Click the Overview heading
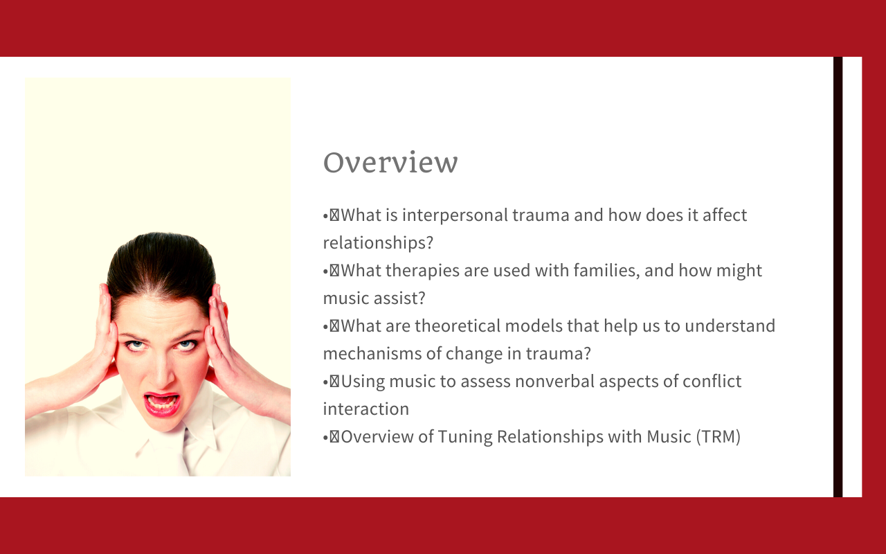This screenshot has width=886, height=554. [x=390, y=162]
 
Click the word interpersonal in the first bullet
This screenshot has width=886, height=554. [x=455, y=215]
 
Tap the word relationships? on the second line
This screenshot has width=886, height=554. [x=378, y=242]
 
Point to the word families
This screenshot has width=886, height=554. [x=607, y=271]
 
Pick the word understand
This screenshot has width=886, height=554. [x=730, y=326]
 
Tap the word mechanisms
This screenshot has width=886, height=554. [x=372, y=354]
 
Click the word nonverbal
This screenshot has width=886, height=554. [x=555, y=382]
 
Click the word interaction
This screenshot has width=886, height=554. [x=366, y=409]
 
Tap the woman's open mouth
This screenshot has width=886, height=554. [x=161, y=403]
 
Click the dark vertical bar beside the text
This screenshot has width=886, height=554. [x=838, y=277]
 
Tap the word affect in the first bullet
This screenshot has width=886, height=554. [x=725, y=215]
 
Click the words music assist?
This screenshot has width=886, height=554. [x=374, y=298]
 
